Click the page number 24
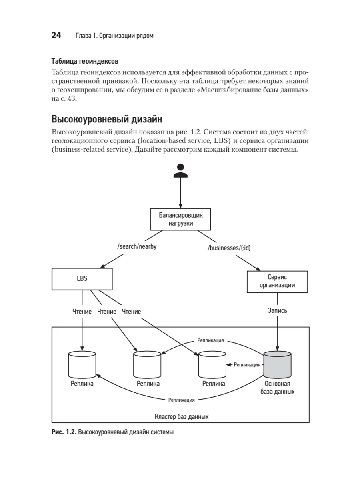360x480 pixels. [56, 36]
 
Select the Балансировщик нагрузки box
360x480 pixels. [180, 219]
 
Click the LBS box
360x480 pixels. [82, 279]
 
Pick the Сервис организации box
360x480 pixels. [277, 281]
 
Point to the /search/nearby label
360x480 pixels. [137, 247]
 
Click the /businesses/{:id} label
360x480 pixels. [229, 248]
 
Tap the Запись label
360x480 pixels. [277, 310]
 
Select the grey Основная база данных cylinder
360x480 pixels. [277, 364]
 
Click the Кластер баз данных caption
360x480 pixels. [181, 416]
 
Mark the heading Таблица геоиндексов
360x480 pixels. [85, 62]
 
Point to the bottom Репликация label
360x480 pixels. [181, 400]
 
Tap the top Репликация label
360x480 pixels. [210, 340]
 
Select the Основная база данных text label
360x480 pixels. [277, 388]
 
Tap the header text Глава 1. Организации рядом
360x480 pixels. [114, 36]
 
